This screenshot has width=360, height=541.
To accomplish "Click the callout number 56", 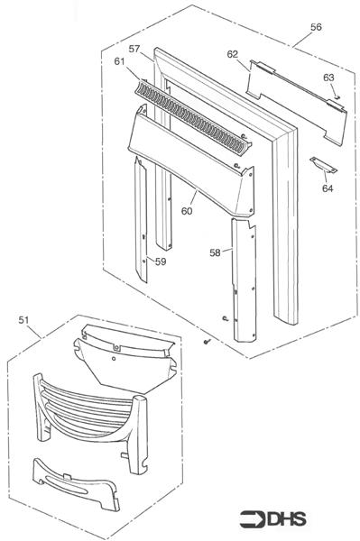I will [x=316, y=28].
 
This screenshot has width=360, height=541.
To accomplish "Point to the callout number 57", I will [x=134, y=48].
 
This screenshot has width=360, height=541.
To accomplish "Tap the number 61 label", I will [x=120, y=61].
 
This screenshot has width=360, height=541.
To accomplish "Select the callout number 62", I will [x=232, y=54].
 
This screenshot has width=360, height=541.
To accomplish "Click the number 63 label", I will [x=328, y=78].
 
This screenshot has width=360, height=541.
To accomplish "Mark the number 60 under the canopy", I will [x=187, y=211].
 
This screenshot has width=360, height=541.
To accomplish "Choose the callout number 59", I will [x=160, y=261].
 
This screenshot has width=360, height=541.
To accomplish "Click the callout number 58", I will [x=215, y=253].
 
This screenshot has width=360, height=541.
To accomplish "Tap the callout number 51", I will [x=23, y=319].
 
